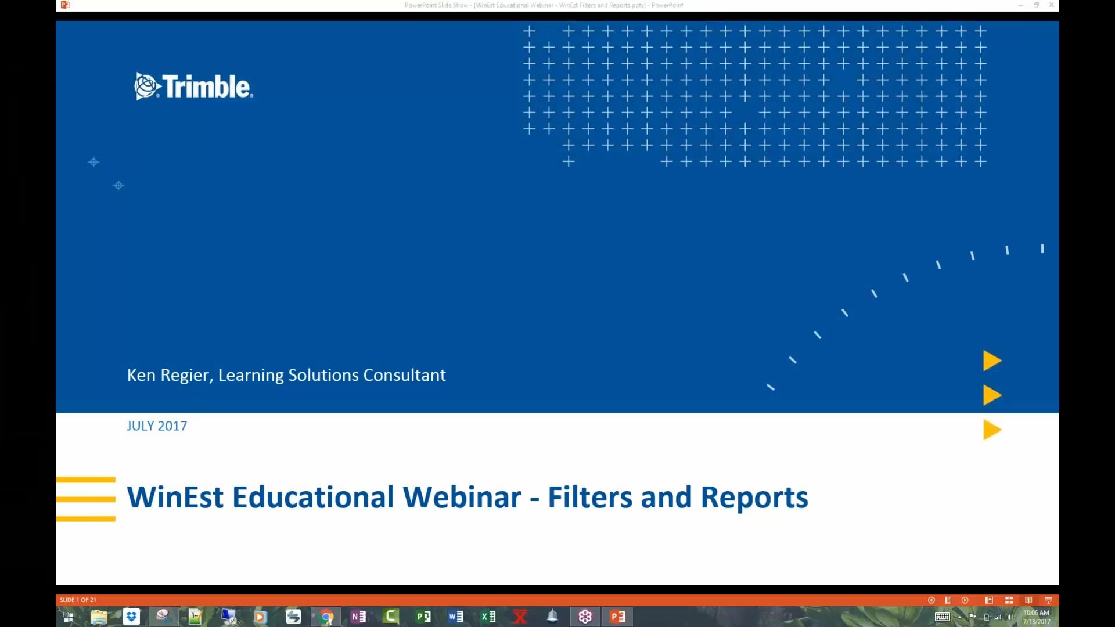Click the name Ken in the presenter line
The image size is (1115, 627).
(x=141, y=375)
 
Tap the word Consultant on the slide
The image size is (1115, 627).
(x=404, y=375)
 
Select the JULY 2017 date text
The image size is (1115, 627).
(x=157, y=426)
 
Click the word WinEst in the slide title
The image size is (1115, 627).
(x=175, y=498)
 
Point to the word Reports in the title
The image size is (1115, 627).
(x=754, y=498)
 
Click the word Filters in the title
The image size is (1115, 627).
(x=589, y=498)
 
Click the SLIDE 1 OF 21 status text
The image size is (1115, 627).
(x=78, y=600)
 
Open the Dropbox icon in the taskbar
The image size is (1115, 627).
(x=132, y=617)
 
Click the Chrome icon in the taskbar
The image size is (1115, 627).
(x=326, y=617)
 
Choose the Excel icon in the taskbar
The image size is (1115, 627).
(x=488, y=617)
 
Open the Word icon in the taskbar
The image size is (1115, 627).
(x=456, y=617)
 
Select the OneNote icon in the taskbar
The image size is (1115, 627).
(x=358, y=617)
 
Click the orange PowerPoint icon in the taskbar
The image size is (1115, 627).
(x=617, y=617)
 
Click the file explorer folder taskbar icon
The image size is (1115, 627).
(x=99, y=617)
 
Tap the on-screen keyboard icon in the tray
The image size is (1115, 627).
(x=942, y=617)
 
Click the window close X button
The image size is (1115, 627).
(x=1051, y=5)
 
